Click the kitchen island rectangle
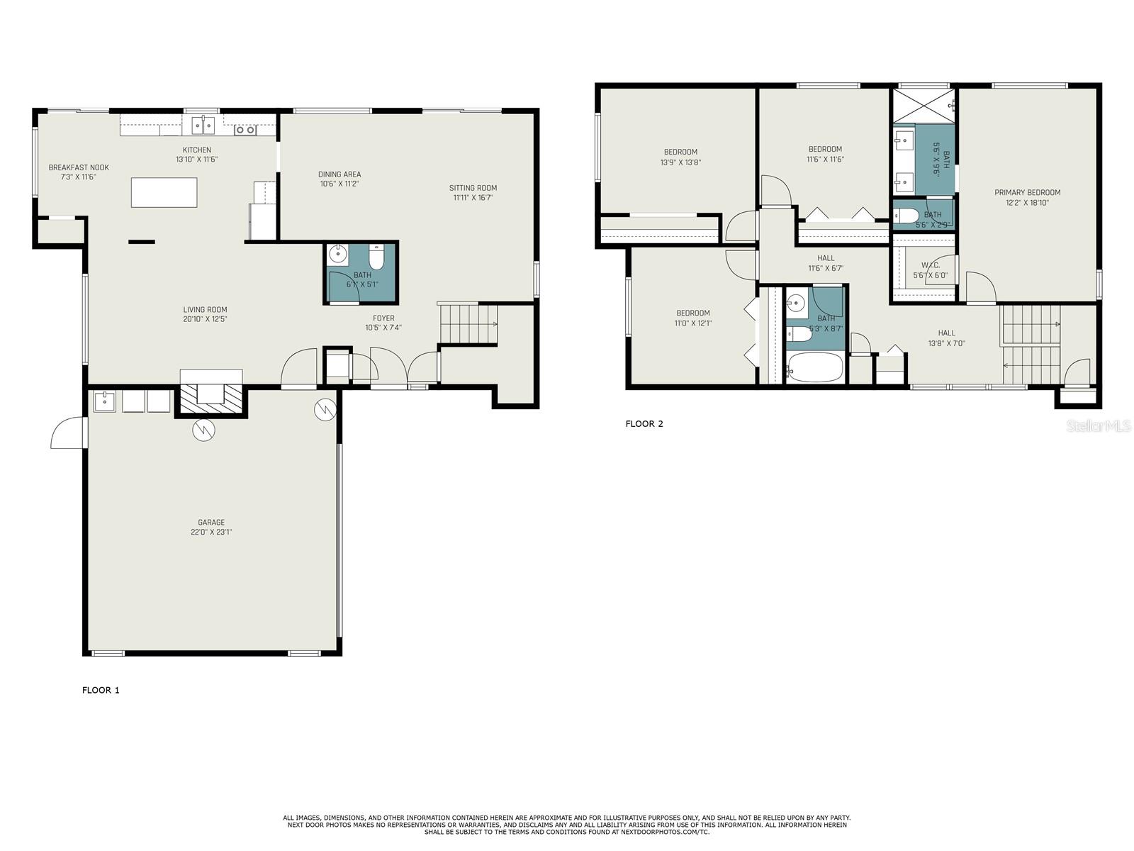tap(164, 192)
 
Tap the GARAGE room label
tap(211, 523)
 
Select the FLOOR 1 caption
tap(101, 690)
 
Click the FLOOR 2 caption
tap(644, 423)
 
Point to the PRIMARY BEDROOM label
tap(1027, 193)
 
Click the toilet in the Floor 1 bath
tap(376, 257)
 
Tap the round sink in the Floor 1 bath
tap(338, 254)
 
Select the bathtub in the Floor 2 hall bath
tap(815, 368)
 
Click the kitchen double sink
tap(203, 126)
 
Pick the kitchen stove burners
tap(245, 130)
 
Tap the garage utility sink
tap(105, 401)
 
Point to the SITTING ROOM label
tap(473, 188)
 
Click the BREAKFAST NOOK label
tap(79, 167)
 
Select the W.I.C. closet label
tap(931, 265)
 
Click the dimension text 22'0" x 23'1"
tap(211, 532)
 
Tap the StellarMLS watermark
tap(1098, 425)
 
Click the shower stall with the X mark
tap(924, 106)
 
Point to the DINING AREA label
tap(339, 174)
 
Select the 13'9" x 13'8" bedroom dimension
tap(680, 162)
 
